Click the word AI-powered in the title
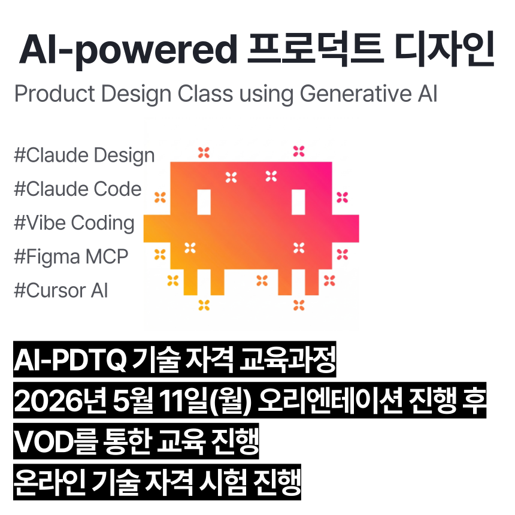(128, 50)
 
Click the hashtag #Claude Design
(84, 156)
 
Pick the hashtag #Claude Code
(78, 189)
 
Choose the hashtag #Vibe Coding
(74, 223)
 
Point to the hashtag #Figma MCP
(71, 257)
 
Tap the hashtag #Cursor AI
(61, 291)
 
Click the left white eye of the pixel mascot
(204, 202)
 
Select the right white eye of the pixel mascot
(298, 202)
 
